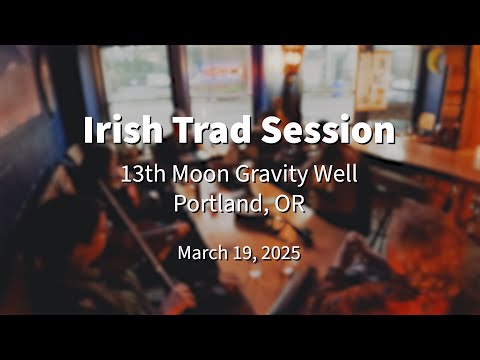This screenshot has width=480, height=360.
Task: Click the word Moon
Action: (x=200, y=174)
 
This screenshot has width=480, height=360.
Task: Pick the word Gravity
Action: (x=277, y=175)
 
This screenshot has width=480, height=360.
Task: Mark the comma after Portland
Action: (x=266, y=210)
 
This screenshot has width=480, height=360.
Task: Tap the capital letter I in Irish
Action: (x=87, y=131)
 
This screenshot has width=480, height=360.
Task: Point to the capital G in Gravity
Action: (x=243, y=174)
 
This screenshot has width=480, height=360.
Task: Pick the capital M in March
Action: (x=185, y=253)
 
